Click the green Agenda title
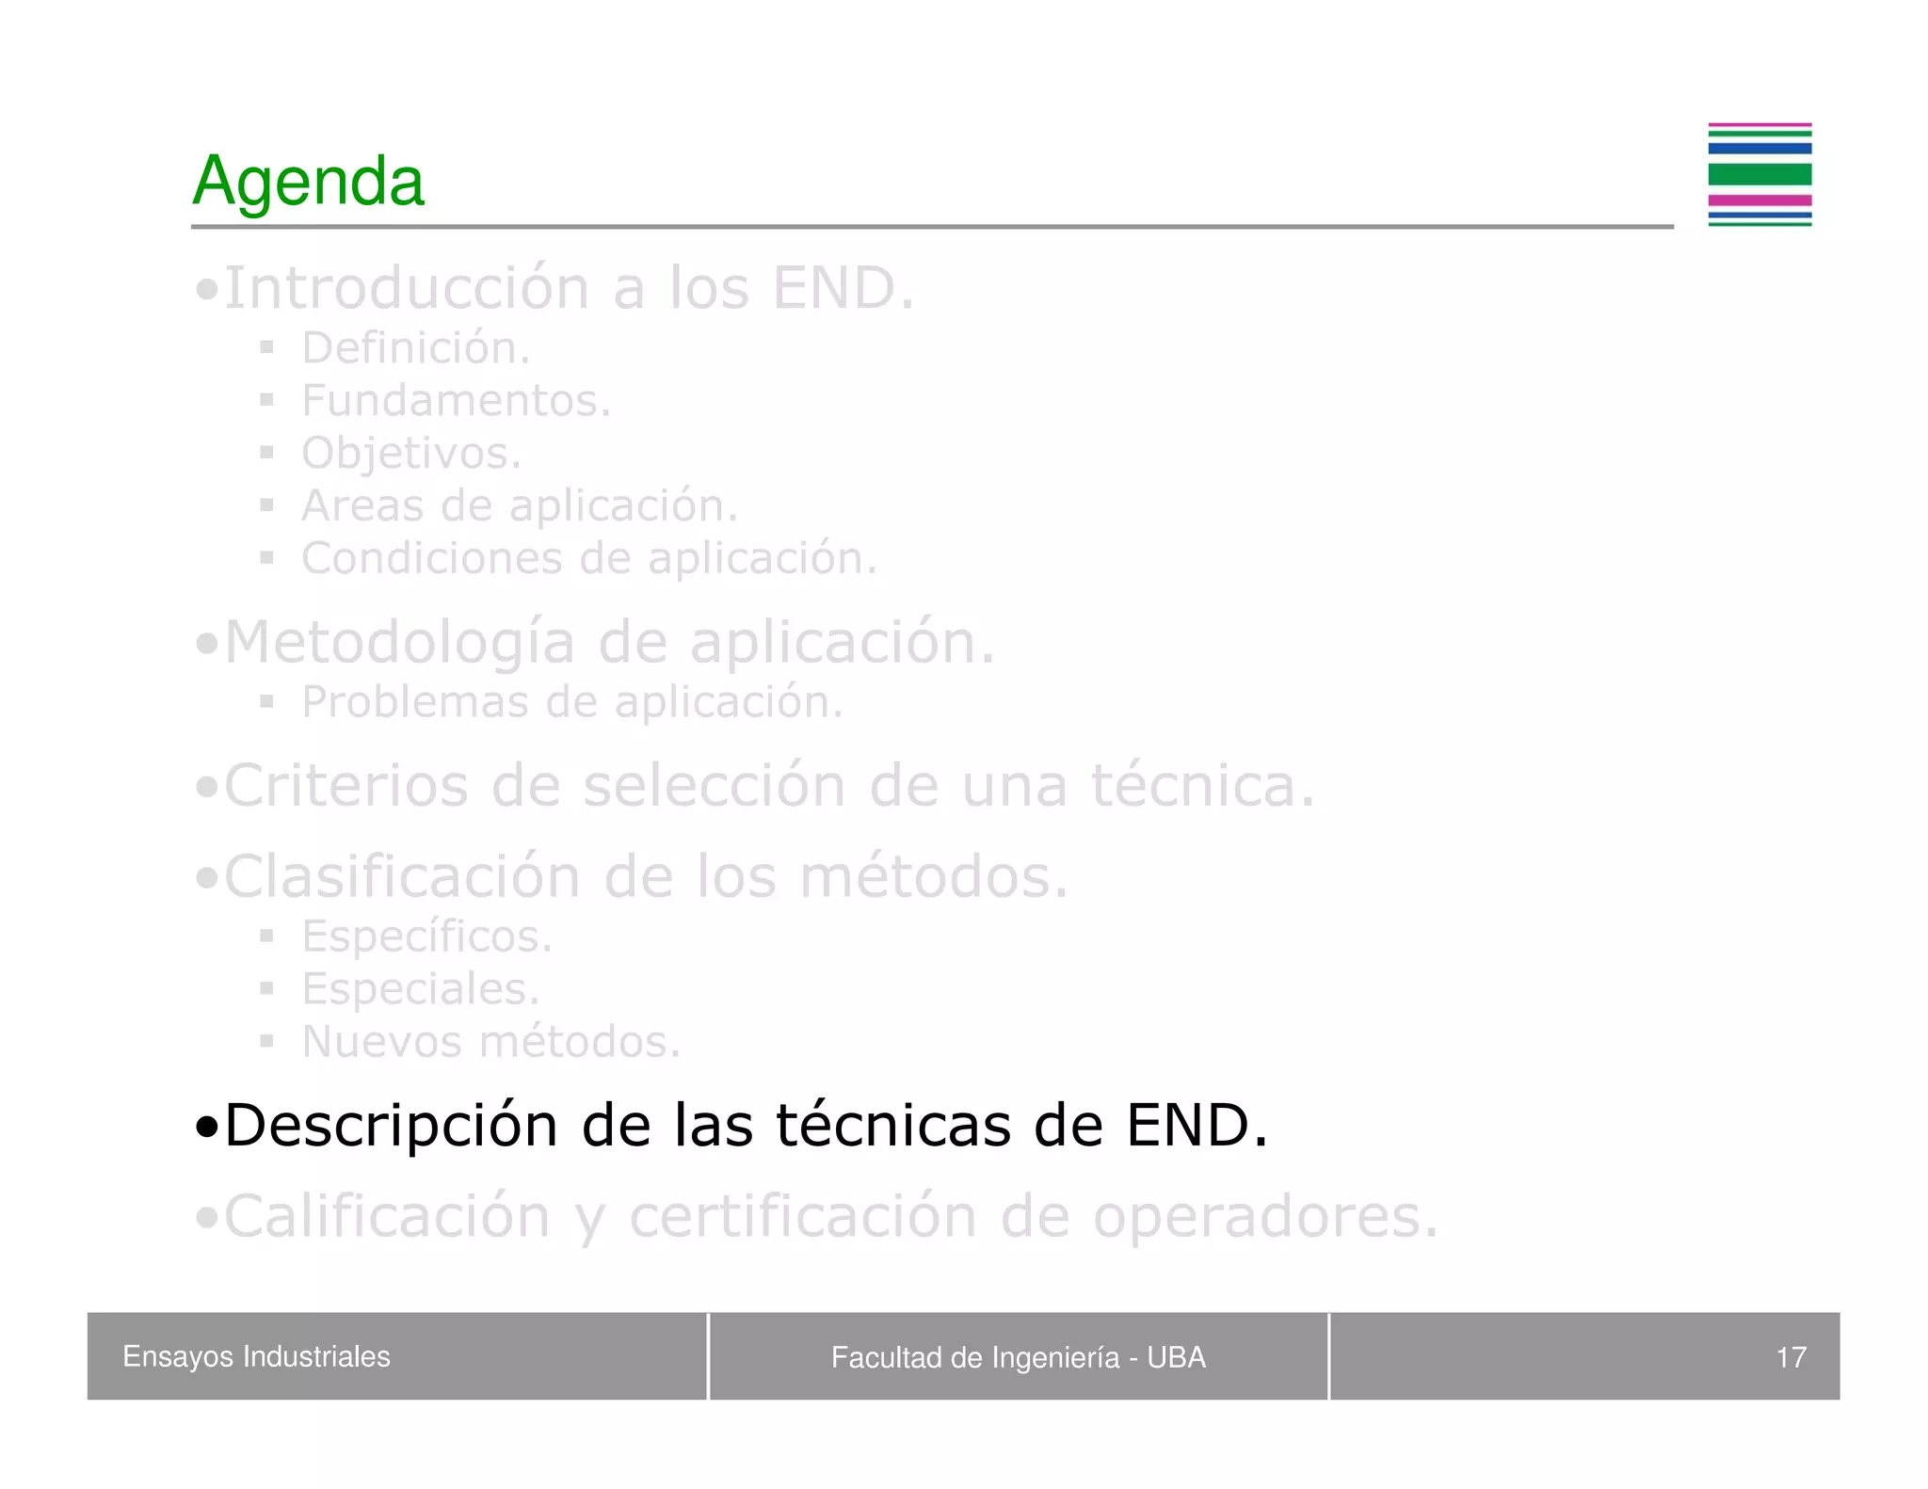[308, 181]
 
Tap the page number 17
[1791, 1357]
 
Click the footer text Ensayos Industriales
[256, 1356]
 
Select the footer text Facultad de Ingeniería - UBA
[1018, 1357]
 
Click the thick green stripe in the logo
[1759, 174]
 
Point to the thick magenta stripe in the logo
[1759, 200]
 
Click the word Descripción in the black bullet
[390, 1126]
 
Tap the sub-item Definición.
[415, 348]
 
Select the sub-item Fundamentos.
[456, 401]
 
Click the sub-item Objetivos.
[410, 454]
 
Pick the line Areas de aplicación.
[519, 506]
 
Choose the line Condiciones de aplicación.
[588, 558]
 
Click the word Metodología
[399, 643]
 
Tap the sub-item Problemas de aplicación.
[571, 702]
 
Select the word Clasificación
[402, 877]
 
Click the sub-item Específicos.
[426, 937]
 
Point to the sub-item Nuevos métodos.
[490, 1042]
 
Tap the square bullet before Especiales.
[267, 988]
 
